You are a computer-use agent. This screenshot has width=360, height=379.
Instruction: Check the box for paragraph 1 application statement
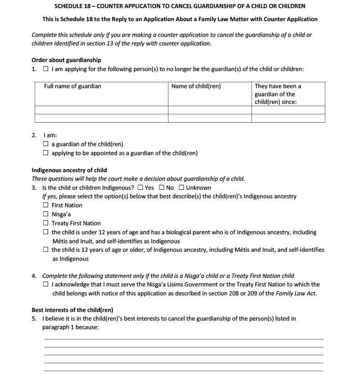pyautogui.click(x=46, y=69)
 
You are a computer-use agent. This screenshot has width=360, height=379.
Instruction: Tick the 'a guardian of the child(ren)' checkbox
pyautogui.click(x=46, y=144)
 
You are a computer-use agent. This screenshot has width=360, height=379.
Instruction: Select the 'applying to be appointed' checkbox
pyautogui.click(x=46, y=153)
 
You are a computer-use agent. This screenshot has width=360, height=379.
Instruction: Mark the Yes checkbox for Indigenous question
pyautogui.click(x=141, y=187)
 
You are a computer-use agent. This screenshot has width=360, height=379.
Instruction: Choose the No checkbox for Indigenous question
pyautogui.click(x=162, y=187)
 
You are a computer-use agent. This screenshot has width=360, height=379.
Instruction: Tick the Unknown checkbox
pyautogui.click(x=181, y=187)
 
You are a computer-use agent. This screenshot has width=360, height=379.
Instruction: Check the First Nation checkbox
pyautogui.click(x=46, y=205)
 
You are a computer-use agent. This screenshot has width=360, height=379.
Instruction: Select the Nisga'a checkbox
pyautogui.click(x=46, y=214)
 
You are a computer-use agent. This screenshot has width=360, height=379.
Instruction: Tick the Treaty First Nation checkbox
pyautogui.click(x=46, y=223)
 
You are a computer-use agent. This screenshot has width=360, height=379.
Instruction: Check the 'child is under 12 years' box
pyautogui.click(x=46, y=232)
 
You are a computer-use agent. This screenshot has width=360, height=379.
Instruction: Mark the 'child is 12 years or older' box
pyautogui.click(x=46, y=250)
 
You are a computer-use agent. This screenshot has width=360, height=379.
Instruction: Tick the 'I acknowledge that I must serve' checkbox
pyautogui.click(x=46, y=285)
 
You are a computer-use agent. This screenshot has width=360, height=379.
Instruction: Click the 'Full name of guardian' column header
pyautogui.click(x=72, y=86)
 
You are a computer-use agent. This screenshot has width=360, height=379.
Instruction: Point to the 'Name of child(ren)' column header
pyautogui.click(x=196, y=86)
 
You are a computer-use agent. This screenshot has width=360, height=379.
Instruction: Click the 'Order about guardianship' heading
pyautogui.click(x=66, y=60)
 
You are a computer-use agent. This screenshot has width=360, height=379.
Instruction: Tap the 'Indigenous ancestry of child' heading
pyautogui.click(x=69, y=170)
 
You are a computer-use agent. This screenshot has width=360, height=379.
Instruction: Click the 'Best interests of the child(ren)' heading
pyautogui.click(x=72, y=310)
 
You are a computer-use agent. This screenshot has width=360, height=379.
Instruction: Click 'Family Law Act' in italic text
pyautogui.click(x=297, y=294)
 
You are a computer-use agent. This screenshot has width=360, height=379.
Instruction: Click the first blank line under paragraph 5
pyautogui.click(x=183, y=339)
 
